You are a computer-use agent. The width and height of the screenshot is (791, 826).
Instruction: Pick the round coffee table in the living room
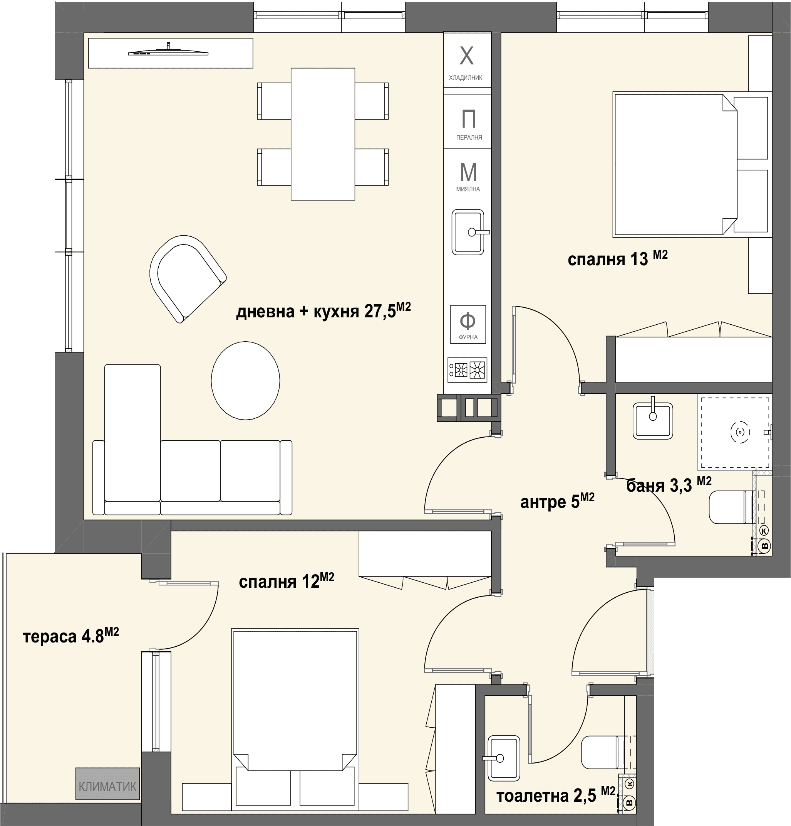pyautogui.click(x=245, y=381)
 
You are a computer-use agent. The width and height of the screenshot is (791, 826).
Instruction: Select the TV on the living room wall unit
pyautogui.click(x=168, y=51)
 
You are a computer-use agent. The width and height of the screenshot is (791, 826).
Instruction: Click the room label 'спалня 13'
pyautogui.click(x=618, y=258)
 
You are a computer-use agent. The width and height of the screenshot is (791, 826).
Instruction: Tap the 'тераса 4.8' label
pyautogui.click(x=71, y=635)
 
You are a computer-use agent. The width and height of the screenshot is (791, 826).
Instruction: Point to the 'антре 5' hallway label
pyautogui.click(x=557, y=501)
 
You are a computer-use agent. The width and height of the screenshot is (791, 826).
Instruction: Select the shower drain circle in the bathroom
pyautogui.click(x=741, y=432)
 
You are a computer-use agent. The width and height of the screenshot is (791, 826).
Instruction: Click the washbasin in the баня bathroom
pyautogui.click(x=653, y=421)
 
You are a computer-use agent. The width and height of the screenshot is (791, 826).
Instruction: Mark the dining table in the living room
pyautogui.click(x=323, y=134)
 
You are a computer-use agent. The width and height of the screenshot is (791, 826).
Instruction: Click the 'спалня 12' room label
pyautogui.click(x=286, y=581)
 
